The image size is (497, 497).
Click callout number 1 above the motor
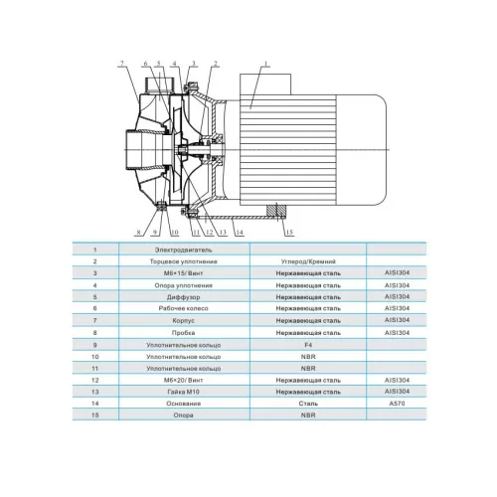[265, 64]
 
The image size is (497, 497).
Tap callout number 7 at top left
[122, 64]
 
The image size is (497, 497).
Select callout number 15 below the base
[289, 232]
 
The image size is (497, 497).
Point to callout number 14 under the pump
[240, 232]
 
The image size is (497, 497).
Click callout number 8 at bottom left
[138, 232]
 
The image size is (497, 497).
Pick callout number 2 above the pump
[215, 64]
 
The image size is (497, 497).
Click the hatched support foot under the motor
[276, 210]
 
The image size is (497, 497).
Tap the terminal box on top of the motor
[265, 84]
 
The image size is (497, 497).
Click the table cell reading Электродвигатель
[183, 249]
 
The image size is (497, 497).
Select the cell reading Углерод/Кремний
[308, 261]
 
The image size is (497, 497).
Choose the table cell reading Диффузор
[183, 297]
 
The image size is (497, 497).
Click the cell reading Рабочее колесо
[183, 308]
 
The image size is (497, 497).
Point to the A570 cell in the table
[397, 404]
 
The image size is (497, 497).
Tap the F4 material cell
[308, 345]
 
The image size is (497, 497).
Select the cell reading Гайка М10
[183, 392]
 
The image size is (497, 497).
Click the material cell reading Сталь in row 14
[308, 404]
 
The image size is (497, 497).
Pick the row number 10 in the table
[95, 357]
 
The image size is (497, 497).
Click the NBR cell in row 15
[308, 414]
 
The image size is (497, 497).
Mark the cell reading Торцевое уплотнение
[183, 261]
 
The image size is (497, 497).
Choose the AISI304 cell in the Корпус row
[397, 320]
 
